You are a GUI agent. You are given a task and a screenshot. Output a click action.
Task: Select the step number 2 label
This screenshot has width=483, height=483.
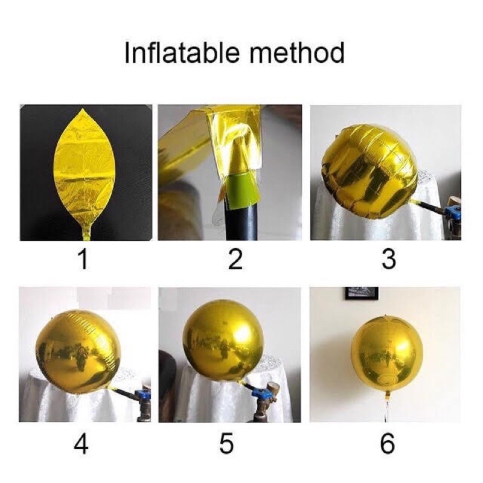[x=235, y=260]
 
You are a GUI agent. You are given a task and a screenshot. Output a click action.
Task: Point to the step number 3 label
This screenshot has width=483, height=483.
[x=388, y=260]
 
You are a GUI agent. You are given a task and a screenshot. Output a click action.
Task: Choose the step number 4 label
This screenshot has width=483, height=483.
[x=81, y=444]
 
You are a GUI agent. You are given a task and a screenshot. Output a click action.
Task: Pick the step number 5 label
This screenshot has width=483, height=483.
[x=226, y=444]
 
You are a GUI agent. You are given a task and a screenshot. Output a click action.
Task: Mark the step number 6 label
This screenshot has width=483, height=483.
[x=387, y=444]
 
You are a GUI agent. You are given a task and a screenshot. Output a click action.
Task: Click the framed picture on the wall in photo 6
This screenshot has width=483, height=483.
[x=362, y=293]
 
